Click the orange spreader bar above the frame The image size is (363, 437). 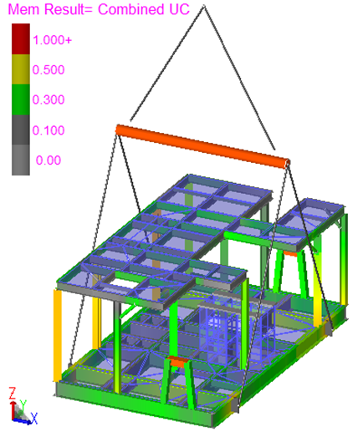click(x=203, y=146)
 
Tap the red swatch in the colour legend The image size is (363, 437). click(x=21, y=38)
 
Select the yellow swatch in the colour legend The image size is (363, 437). click(x=21, y=69)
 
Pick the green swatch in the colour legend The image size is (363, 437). click(x=21, y=99)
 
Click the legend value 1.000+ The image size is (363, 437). click(x=52, y=40)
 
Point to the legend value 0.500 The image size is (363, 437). click(x=49, y=69)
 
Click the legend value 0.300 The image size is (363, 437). click(x=49, y=99)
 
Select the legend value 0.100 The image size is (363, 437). click(x=49, y=130)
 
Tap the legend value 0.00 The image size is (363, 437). click(x=49, y=160)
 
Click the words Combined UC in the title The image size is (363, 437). click(x=144, y=9)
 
